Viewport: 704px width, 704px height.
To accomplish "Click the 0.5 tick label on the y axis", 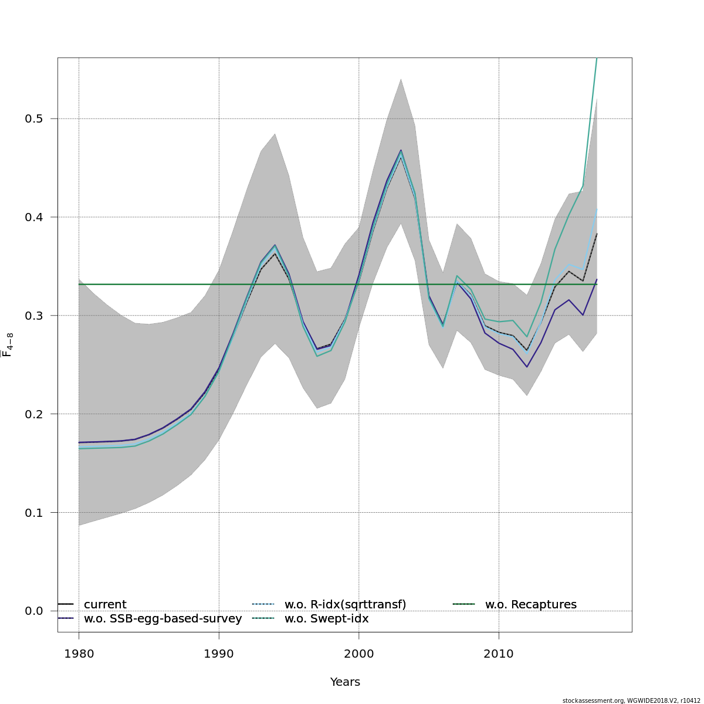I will (x=35, y=119).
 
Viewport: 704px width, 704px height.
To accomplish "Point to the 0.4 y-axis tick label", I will (x=35, y=217).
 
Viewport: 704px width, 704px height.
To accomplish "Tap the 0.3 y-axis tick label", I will (x=35, y=316).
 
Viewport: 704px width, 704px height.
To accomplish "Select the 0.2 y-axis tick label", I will (x=35, y=414).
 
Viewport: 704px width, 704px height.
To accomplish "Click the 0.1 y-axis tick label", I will (x=35, y=513).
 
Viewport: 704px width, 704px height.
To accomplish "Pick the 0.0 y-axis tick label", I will (x=35, y=611).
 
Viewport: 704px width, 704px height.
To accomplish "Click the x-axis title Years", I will (x=345, y=682).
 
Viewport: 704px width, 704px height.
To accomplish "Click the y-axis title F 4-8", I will (x=8, y=345).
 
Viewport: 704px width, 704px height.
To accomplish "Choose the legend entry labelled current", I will (x=105, y=605).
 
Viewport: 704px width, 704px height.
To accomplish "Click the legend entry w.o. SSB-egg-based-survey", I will (x=163, y=619).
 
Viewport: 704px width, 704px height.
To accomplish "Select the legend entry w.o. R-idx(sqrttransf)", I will (x=345, y=605).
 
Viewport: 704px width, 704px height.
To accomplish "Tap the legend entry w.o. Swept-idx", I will (x=326, y=619).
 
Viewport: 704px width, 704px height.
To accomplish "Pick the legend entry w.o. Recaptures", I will (x=530, y=605).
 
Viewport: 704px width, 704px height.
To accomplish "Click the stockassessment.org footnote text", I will (x=631, y=700).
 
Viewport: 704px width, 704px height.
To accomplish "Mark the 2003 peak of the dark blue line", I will (x=401, y=150).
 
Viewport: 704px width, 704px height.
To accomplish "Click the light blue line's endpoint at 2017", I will (x=597, y=209).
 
